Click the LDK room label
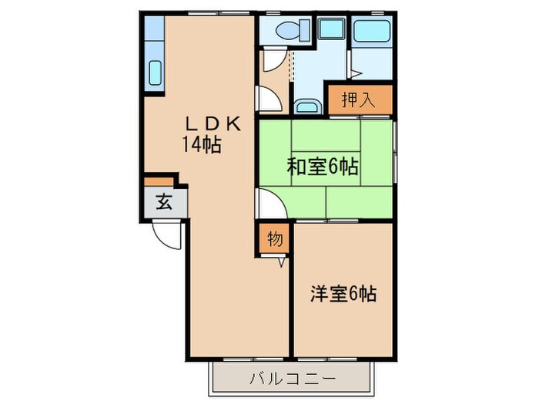pyautogui.click(x=214, y=123)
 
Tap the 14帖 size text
pyautogui.click(x=202, y=144)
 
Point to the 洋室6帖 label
pyautogui.click(x=343, y=294)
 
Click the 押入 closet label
pyautogui.click(x=360, y=99)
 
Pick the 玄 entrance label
pyautogui.click(x=164, y=203)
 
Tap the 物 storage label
pyautogui.click(x=275, y=239)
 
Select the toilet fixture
pyautogui.click(x=290, y=31)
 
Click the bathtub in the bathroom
pyautogui.click(x=372, y=33)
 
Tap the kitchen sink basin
pyautogui.click(x=154, y=74)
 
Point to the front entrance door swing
pyautogui.click(x=167, y=233)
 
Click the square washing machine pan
pyautogui.click(x=331, y=30)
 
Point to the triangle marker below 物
pyautogui.click(x=282, y=262)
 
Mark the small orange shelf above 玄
pyautogui.click(x=159, y=181)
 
